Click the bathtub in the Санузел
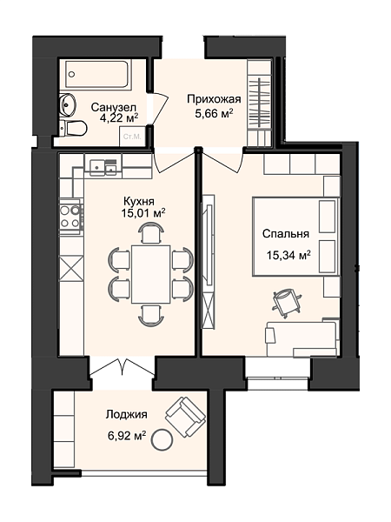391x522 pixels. (x=98, y=75)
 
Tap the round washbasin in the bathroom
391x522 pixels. (x=68, y=105)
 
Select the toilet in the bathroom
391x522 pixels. (x=73, y=128)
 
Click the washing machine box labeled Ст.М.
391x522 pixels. (x=133, y=137)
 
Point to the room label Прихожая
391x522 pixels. (x=214, y=99)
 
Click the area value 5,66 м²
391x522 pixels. (x=214, y=113)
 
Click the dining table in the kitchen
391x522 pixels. (x=151, y=274)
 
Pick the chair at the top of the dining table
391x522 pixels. (x=151, y=232)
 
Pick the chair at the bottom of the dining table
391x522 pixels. (x=151, y=316)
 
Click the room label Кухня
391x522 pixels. (x=139, y=202)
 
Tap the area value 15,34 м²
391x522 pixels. (x=288, y=255)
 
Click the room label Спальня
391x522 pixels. (x=286, y=234)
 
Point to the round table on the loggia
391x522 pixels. (x=162, y=439)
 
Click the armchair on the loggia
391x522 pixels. (x=185, y=417)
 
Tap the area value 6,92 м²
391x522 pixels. (x=127, y=436)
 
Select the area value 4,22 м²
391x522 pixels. (x=119, y=118)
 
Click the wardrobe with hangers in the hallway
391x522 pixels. (x=261, y=104)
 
